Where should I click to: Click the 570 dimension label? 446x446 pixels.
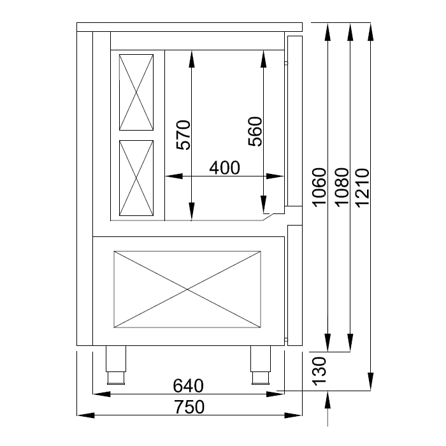[183, 135]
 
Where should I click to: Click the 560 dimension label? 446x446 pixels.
[255, 131]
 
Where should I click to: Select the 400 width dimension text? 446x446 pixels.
[225, 168]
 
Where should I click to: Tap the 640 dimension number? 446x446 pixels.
[189, 385]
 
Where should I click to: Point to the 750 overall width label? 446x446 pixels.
[189, 406]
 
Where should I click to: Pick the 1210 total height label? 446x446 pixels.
[363, 188]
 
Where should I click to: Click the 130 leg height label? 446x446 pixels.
[319, 371]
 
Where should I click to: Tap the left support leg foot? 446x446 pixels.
[116, 378]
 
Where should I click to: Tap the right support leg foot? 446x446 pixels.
[260, 378]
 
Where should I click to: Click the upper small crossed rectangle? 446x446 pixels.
[136, 92]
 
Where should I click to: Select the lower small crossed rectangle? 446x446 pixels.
[136, 178]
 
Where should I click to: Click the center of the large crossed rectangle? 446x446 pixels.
[187, 289]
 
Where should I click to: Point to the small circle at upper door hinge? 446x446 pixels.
[286, 63]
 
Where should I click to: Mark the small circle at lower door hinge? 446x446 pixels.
[286, 340]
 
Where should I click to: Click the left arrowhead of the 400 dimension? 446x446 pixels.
[174, 176]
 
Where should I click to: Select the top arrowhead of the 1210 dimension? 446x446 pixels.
[370, 31]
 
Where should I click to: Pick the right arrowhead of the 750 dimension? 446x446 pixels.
[293, 415]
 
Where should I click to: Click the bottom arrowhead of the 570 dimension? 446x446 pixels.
[191, 212]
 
